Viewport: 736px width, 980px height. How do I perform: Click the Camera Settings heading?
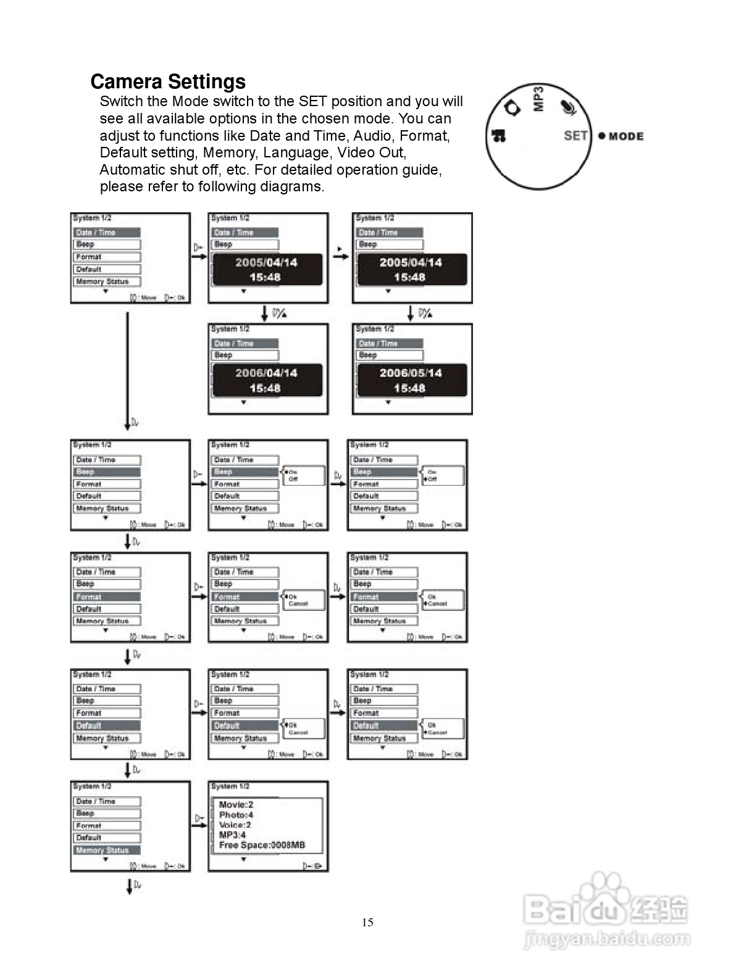(168, 81)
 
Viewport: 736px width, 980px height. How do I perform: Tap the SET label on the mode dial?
(575, 135)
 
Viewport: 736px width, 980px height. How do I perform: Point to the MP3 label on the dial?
(538, 99)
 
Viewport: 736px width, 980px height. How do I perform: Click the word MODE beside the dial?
(625, 136)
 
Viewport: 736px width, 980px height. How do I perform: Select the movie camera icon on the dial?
(498, 135)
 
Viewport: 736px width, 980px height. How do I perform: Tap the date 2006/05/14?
(410, 373)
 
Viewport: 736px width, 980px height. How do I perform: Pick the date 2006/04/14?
(266, 373)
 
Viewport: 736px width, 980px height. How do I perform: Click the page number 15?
(367, 922)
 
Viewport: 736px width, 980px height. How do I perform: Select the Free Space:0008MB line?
(262, 845)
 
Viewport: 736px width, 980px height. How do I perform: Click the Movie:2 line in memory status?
(236, 804)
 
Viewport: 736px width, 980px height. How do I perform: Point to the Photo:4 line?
(236, 815)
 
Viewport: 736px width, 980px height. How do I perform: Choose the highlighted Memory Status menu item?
(106, 850)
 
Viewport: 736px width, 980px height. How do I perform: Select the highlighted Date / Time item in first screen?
(106, 233)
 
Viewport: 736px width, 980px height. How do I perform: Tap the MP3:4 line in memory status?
(232, 835)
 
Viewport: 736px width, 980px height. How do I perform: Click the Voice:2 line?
(235, 824)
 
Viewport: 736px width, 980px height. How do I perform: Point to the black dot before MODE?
(601, 136)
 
